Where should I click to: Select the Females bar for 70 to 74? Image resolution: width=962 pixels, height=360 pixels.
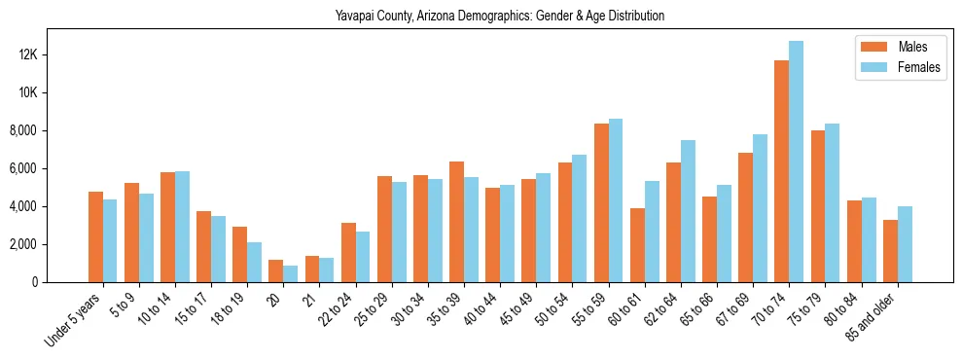(x=797, y=162)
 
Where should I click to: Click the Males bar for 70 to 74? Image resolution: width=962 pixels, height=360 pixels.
(x=781, y=171)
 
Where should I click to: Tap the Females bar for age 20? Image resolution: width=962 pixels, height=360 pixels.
(x=291, y=273)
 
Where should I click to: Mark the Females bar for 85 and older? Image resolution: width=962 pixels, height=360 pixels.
(x=905, y=244)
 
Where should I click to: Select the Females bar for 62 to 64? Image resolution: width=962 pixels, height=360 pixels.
(x=688, y=211)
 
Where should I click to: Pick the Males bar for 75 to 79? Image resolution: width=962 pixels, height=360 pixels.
(x=818, y=206)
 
